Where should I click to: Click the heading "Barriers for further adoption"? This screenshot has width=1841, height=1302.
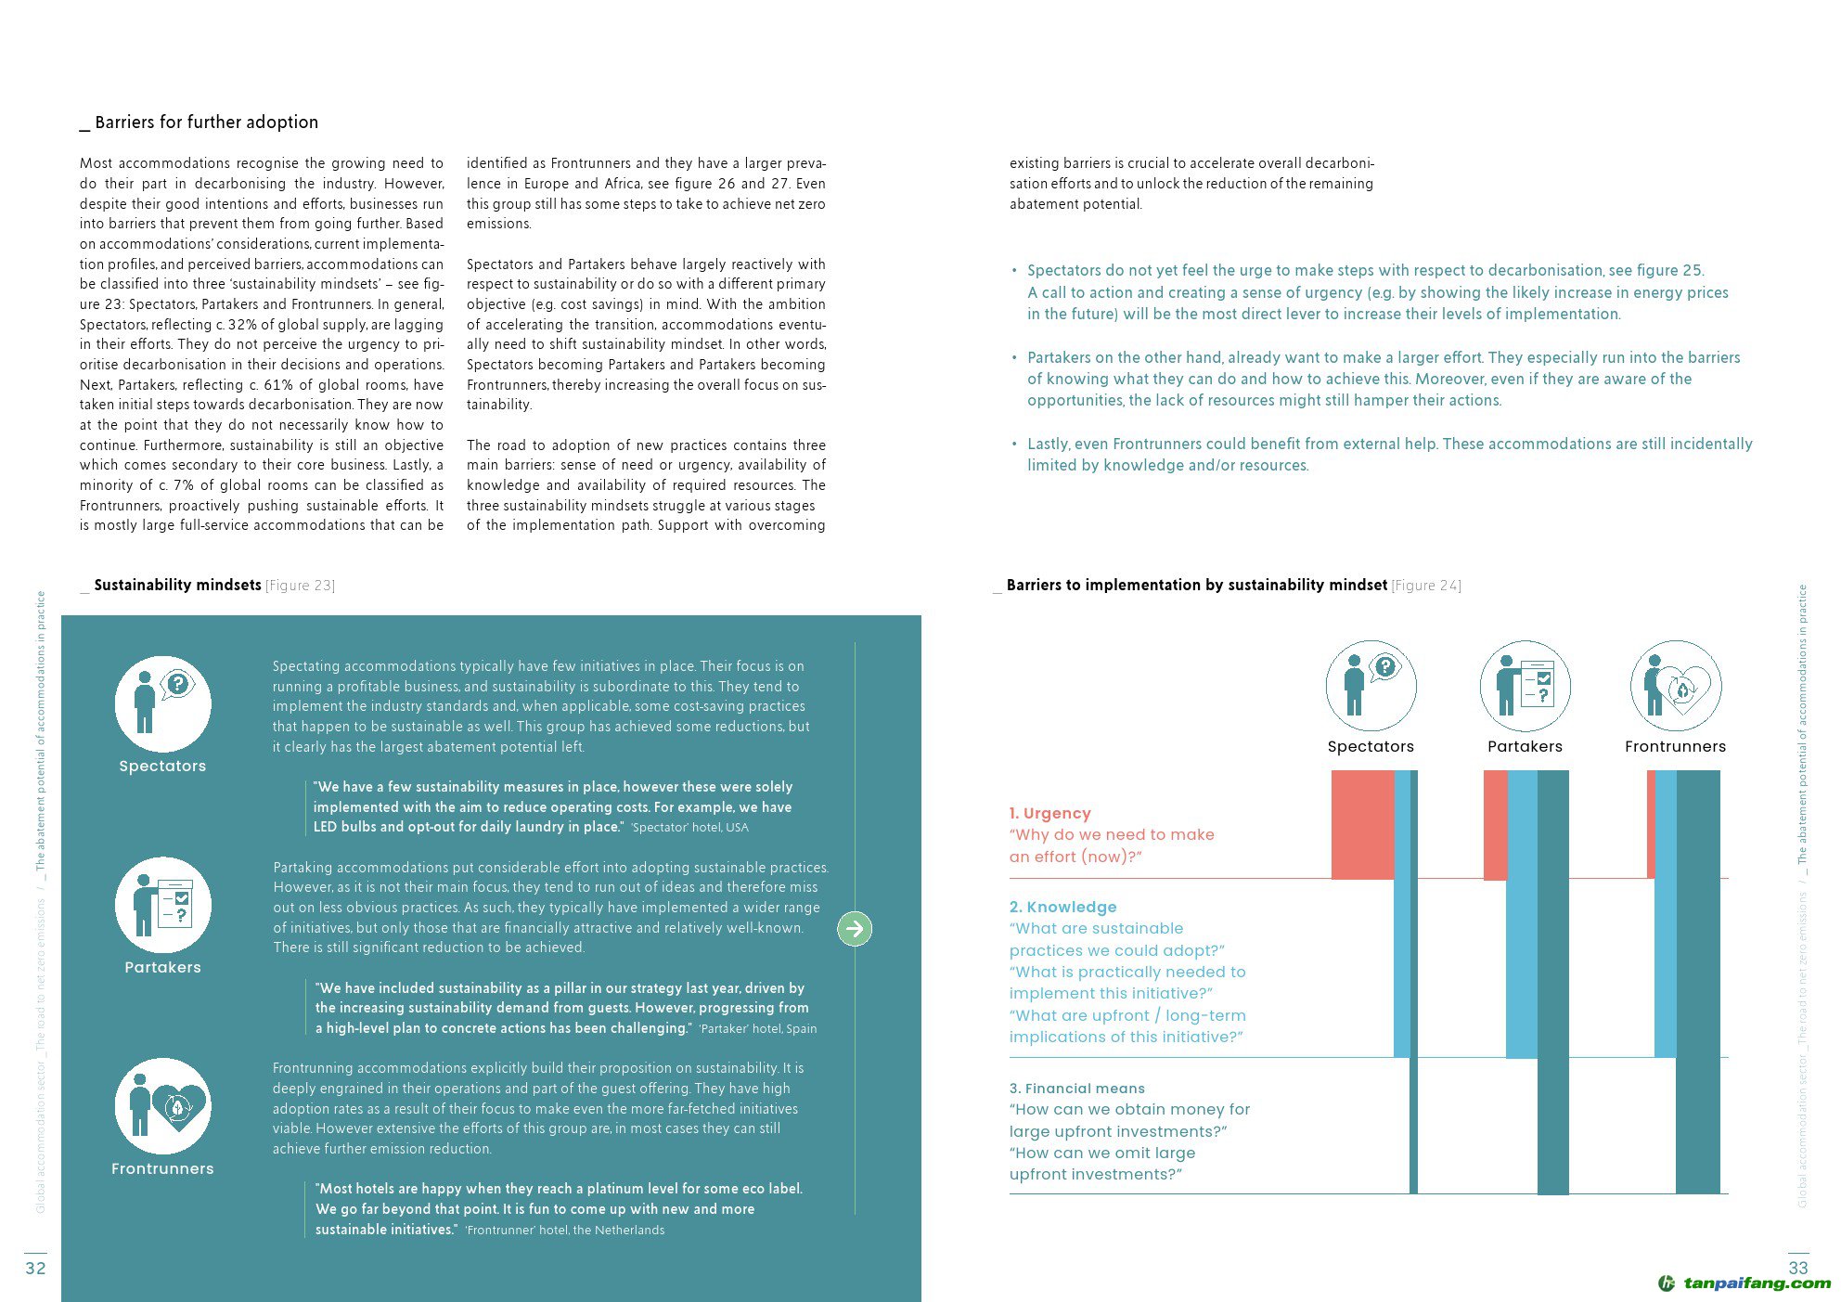[x=206, y=122]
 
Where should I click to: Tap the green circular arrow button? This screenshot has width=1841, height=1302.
[x=855, y=928]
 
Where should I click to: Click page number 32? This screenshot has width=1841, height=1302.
[x=35, y=1268]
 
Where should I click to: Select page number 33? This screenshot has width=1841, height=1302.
[x=1797, y=1268]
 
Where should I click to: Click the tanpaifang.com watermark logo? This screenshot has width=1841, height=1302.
[x=1744, y=1283]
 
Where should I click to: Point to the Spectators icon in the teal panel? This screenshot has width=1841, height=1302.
[x=162, y=703]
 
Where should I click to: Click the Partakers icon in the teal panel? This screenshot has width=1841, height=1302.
[x=162, y=905]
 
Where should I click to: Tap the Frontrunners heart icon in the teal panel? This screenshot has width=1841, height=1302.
[x=162, y=1105]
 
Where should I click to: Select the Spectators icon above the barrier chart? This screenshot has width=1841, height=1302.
[x=1371, y=686]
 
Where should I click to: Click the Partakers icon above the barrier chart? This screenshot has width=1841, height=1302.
[x=1525, y=686]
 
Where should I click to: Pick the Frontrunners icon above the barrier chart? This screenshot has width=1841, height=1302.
[x=1675, y=686]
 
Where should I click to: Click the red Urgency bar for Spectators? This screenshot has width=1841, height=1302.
[x=1362, y=824]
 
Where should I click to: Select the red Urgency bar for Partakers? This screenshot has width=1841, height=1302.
[x=1495, y=824]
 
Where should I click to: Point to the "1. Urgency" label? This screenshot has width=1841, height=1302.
[x=1049, y=813]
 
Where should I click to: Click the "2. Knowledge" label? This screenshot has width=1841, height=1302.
[x=1062, y=907]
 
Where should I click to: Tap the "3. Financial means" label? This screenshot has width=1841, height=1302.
[x=1076, y=1089]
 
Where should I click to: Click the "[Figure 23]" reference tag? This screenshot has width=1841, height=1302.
[x=300, y=586]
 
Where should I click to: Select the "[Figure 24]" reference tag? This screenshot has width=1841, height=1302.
[x=1426, y=586]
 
